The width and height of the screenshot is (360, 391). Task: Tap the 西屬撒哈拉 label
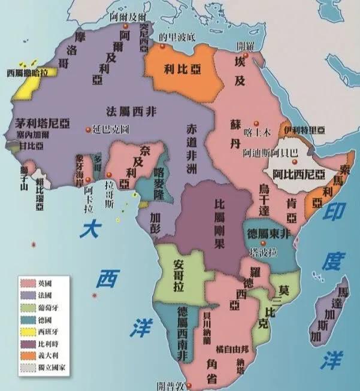pyautogui.click(x=27, y=73)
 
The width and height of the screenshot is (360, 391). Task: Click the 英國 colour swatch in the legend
pyautogui.click(x=27, y=281)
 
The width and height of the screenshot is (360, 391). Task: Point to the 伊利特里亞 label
pyautogui.click(x=304, y=129)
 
